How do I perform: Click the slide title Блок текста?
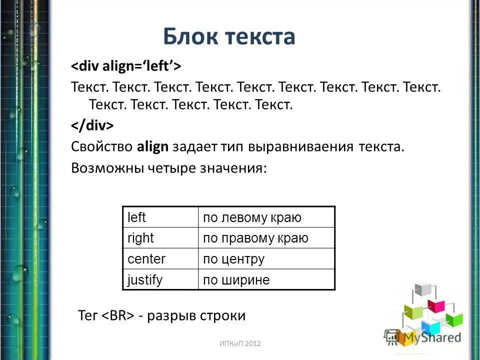pyautogui.click(x=229, y=37)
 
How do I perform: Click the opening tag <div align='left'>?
pyautogui.click(x=125, y=66)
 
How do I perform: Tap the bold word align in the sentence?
pyautogui.click(x=152, y=147)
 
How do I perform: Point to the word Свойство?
pyautogui.click(x=101, y=147)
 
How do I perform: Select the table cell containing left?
pyautogui.click(x=160, y=217)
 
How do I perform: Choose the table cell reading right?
pyautogui.click(x=160, y=238)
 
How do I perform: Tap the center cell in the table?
pyautogui.click(x=160, y=259)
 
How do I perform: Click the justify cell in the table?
pyautogui.click(x=160, y=279)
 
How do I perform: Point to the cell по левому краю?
pyautogui.click(x=266, y=217)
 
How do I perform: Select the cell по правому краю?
pyautogui.click(x=266, y=238)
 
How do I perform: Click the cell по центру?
pyautogui.click(x=266, y=259)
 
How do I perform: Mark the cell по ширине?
pyautogui.click(x=266, y=279)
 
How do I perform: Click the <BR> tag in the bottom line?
pyautogui.click(x=119, y=316)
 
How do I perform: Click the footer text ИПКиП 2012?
pyautogui.click(x=240, y=344)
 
